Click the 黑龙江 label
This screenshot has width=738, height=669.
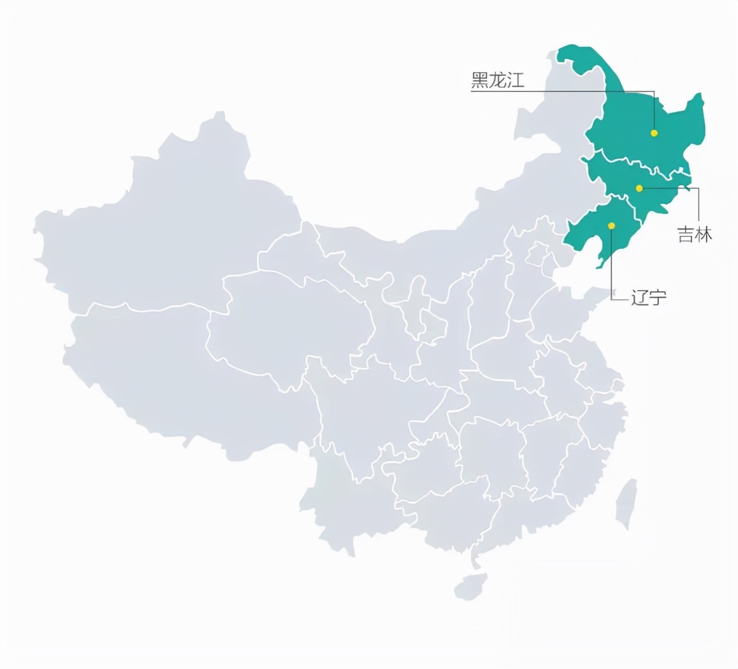pos(498,80)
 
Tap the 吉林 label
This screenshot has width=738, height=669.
pos(694,234)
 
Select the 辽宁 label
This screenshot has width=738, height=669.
pos(649,297)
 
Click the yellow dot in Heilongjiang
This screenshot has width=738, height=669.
pos(654,133)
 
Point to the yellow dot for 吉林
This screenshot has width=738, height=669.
pos(639,188)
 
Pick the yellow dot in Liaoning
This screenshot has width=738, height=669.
pos(611,225)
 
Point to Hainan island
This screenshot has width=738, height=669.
pos(470,585)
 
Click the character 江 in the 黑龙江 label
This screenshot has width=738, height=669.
pos(515,80)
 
